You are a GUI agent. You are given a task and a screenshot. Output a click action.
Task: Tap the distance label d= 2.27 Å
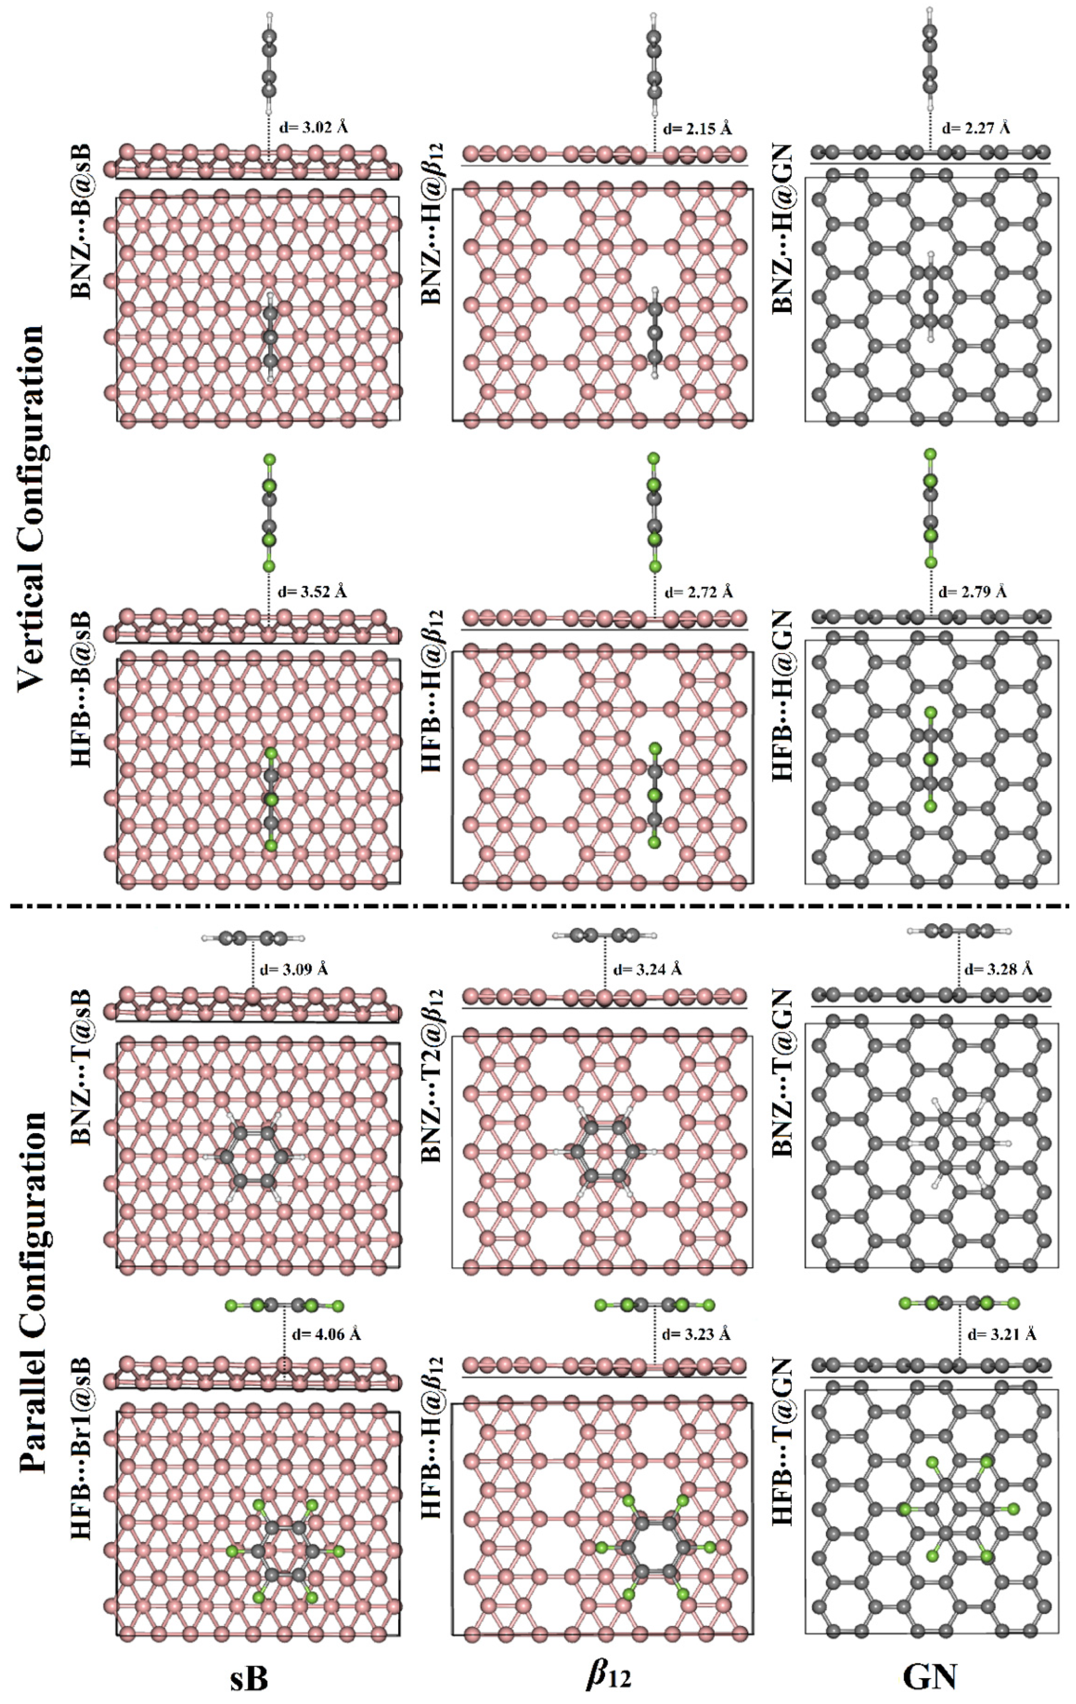tap(975, 129)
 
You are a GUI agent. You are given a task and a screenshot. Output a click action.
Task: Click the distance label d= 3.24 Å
tap(647, 969)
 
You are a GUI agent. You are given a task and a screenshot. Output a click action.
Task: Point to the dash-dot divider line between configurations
tap(538, 906)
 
